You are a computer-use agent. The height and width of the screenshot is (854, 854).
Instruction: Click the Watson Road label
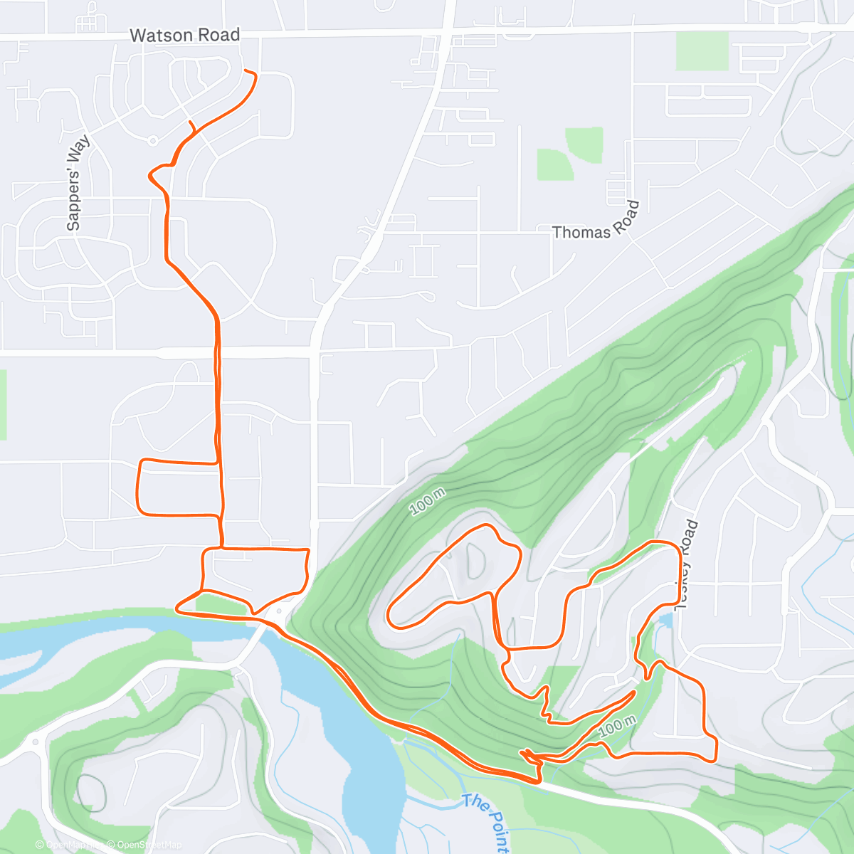pyautogui.click(x=184, y=35)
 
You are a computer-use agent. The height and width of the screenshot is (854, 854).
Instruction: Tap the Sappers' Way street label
pyautogui.click(x=77, y=183)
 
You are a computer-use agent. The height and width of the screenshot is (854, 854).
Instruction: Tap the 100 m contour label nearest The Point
pyautogui.click(x=616, y=726)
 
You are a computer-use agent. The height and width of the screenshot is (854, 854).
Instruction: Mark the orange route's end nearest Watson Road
pyautogui.click(x=246, y=70)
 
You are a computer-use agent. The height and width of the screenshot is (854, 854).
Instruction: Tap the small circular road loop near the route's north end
pyautogui.click(x=152, y=141)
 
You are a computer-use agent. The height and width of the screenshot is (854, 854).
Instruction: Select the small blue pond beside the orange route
pyautogui.click(x=665, y=621)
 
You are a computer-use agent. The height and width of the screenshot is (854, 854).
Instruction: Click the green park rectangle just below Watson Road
pyautogui.click(x=702, y=51)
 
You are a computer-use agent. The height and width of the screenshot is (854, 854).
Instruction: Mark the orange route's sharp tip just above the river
pyautogui.click(x=176, y=608)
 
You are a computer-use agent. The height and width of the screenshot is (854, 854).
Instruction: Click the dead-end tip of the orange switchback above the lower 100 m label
pyautogui.click(x=633, y=691)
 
